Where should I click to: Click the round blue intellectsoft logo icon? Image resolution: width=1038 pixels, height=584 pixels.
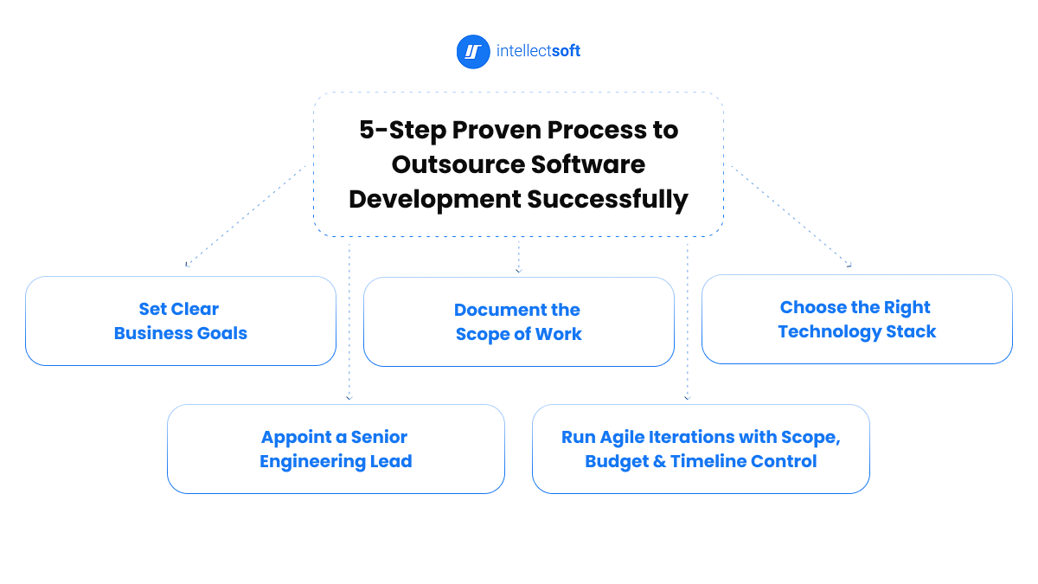(472, 52)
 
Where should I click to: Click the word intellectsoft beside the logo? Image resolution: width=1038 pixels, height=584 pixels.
(538, 52)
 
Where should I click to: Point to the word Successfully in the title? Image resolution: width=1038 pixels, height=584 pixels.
(608, 199)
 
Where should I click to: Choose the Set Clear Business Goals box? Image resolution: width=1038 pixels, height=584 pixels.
(181, 321)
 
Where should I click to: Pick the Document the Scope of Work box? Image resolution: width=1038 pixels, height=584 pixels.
(518, 322)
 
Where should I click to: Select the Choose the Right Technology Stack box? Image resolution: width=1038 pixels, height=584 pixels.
(856, 319)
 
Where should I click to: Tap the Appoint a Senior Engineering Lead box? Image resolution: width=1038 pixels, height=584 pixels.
(336, 449)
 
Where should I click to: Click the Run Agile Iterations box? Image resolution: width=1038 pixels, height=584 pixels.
(701, 449)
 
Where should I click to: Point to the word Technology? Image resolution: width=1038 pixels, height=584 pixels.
(829, 331)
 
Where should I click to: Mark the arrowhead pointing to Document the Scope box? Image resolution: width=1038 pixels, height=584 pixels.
(518, 271)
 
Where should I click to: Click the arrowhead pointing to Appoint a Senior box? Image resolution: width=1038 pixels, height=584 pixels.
(349, 397)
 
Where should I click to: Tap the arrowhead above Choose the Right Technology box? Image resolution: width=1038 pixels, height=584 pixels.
(849, 265)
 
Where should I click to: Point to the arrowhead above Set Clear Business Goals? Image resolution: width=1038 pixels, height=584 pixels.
(188, 264)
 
